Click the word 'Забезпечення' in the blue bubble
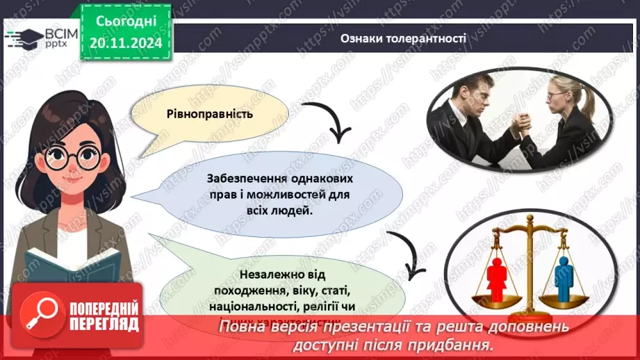238,177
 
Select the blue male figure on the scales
564,275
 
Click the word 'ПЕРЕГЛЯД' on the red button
104,323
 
